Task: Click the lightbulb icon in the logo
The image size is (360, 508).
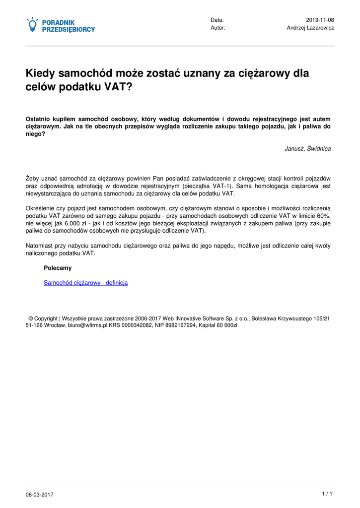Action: (32, 25)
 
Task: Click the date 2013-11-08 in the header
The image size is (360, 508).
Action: (320, 20)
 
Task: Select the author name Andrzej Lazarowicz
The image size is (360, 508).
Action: (310, 28)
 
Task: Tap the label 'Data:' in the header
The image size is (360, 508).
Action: (217, 20)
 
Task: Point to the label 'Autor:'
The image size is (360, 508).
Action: (218, 28)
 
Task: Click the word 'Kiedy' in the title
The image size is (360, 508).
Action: (40, 74)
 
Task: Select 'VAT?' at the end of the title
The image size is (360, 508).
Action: (119, 87)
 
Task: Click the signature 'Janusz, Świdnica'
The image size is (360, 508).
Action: (307, 148)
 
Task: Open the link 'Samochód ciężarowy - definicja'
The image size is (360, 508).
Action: (85, 283)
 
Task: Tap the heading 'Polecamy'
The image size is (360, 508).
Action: (58, 268)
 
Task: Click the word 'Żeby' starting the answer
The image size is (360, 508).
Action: (32, 178)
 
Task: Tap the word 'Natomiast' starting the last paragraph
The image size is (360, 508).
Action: (39, 246)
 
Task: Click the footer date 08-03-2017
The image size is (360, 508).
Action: (40, 495)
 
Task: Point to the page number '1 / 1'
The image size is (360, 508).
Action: (327, 494)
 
